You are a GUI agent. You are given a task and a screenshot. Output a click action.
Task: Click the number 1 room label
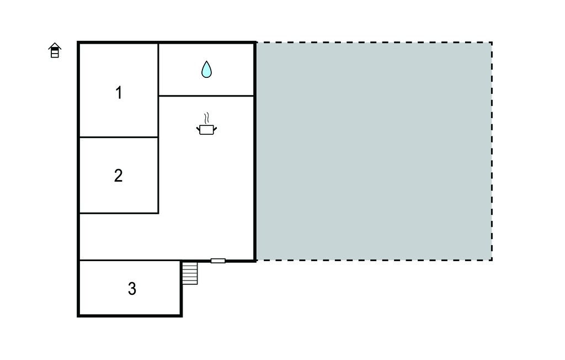[x=119, y=93]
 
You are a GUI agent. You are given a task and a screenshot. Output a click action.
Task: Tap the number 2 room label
[x=118, y=176]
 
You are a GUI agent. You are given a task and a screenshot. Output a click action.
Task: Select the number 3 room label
[x=132, y=289]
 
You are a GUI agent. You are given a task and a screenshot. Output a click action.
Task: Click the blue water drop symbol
[x=206, y=69]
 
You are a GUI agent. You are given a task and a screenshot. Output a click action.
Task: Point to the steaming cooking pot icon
[x=206, y=124]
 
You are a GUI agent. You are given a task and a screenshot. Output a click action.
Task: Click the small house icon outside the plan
[x=55, y=50]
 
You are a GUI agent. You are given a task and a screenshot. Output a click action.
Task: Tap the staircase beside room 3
[x=190, y=273]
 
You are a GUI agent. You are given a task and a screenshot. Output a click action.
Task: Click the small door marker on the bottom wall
[x=218, y=261]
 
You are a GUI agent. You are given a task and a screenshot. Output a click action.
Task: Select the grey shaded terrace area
[x=374, y=151]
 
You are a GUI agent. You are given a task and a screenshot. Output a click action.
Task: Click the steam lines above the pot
[x=206, y=118]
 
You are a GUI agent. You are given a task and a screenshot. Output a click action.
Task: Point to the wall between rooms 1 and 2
[x=119, y=137]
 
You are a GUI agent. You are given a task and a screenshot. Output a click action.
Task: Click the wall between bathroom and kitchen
[x=206, y=96]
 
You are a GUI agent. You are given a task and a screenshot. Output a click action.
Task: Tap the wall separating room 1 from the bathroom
[x=158, y=69]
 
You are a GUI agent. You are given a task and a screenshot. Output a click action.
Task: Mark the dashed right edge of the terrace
[x=492, y=151]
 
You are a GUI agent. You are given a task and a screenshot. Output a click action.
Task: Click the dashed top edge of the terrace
[x=374, y=43]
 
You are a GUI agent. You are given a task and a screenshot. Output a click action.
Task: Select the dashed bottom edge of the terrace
[x=374, y=260]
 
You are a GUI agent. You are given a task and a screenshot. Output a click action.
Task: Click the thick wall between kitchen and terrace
[x=255, y=151]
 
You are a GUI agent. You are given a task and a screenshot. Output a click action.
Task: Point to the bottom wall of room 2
[x=119, y=213]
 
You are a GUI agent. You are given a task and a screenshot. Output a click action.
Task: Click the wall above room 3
[x=130, y=260]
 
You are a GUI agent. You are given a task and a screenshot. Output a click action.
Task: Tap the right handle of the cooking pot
[x=215, y=129]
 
